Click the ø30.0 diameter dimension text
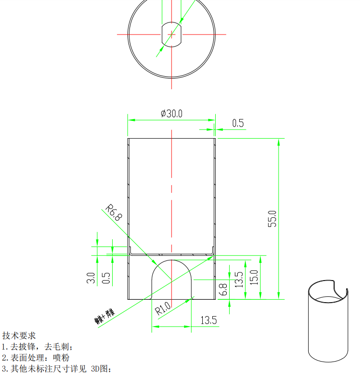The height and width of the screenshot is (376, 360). pos(172,114)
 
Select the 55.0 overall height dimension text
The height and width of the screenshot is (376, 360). pos(272,218)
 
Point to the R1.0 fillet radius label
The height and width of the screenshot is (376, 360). pos(163,307)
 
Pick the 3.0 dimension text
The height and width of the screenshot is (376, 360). pos(91,278)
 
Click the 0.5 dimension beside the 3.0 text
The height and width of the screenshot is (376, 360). pos(106,279)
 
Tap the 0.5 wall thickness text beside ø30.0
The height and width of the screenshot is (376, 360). pos(238,123)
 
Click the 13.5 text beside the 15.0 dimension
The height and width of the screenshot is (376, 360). pos(239,279)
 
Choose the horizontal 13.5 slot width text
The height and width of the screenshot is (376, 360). pos(209,320)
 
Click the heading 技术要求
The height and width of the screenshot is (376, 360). pos(19,336)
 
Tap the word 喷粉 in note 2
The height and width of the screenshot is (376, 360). pos(62,358)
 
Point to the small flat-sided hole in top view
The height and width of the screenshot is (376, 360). pos(172,34)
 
